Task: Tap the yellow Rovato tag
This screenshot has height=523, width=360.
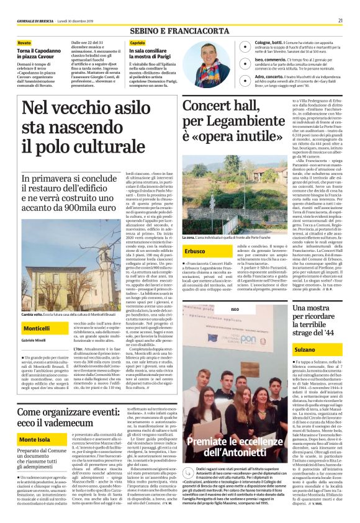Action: pyautogui.click(x=24, y=42)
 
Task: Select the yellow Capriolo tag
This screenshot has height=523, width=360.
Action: pyautogui.click(x=138, y=42)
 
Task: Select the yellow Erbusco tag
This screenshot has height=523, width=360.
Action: pyautogui.click(x=195, y=251)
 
